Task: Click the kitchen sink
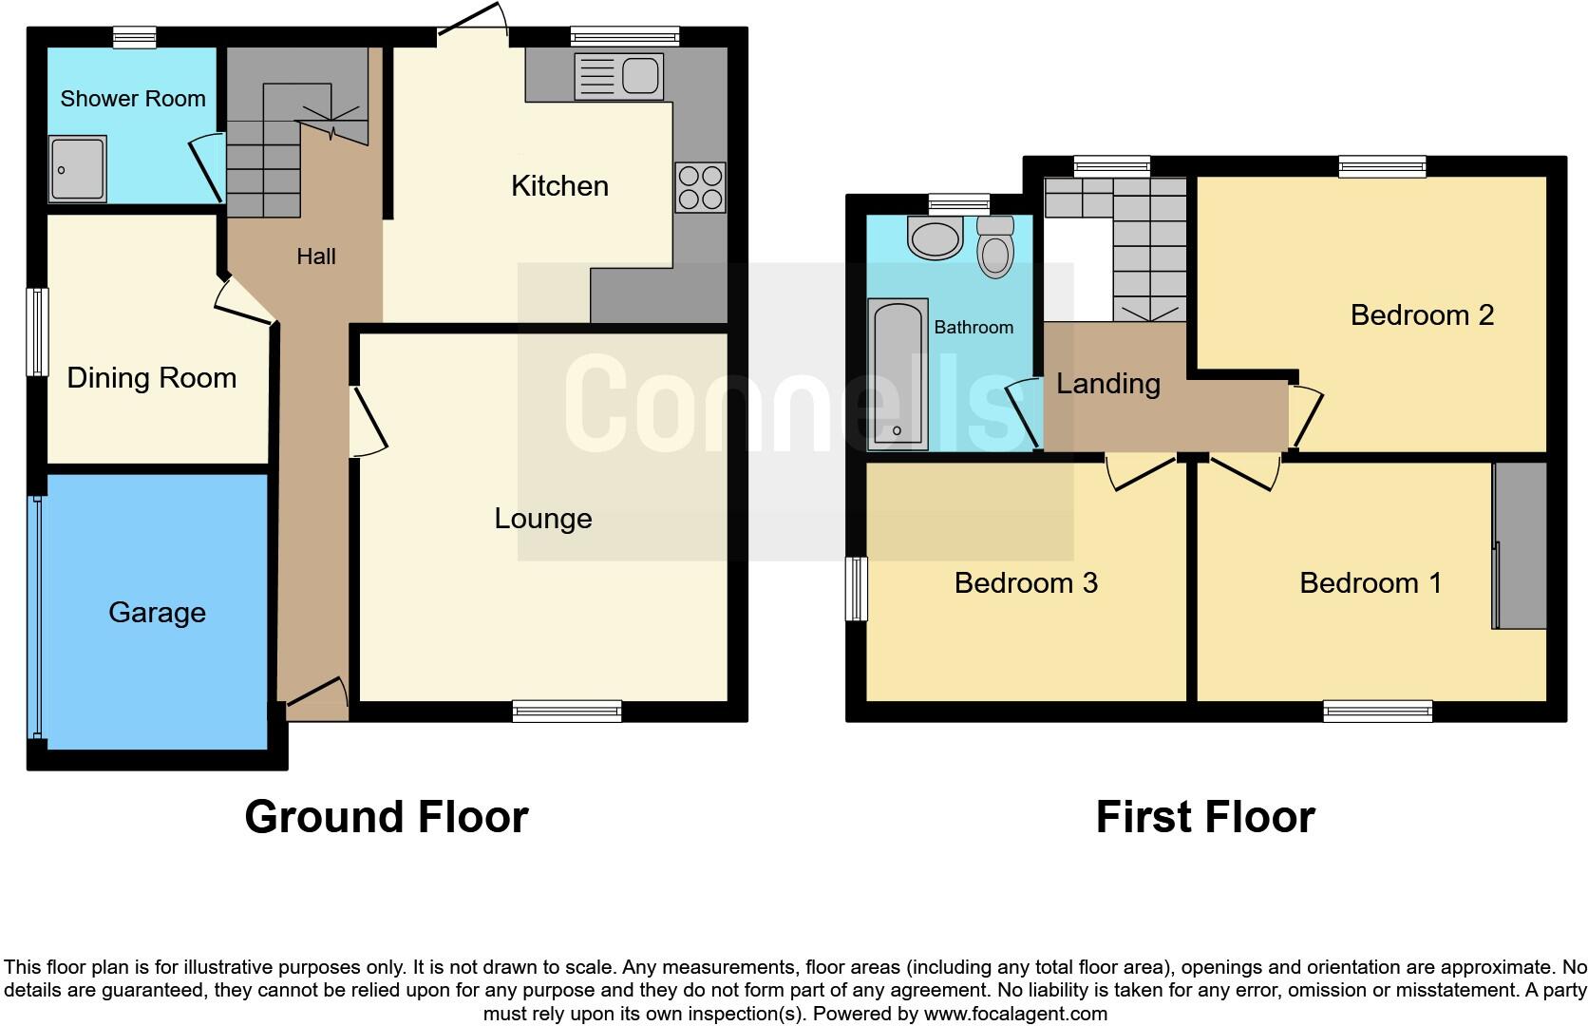618,77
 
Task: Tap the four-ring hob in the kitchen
700,187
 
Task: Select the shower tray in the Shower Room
77,169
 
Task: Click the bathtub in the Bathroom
898,374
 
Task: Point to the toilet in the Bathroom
995,246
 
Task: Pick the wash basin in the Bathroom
935,237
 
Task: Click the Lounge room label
542,519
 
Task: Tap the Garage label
157,613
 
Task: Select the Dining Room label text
151,378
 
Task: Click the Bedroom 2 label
1421,315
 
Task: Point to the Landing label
1107,384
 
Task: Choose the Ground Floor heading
386,817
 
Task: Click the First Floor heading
1204,817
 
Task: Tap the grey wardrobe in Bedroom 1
1520,545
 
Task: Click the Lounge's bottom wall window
566,711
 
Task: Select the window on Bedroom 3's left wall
857,589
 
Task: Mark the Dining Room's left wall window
38,332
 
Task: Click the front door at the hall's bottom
316,699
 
